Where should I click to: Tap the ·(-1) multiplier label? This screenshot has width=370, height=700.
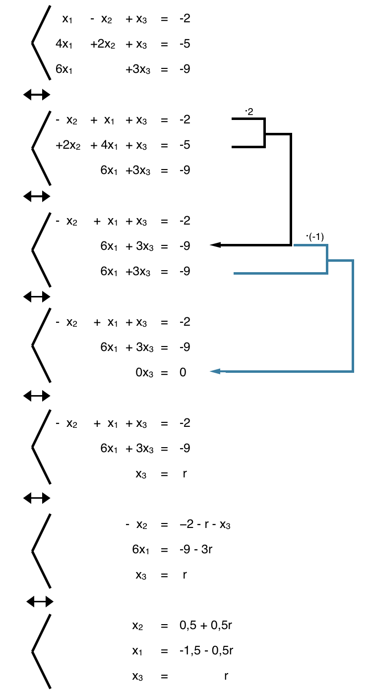click(315, 237)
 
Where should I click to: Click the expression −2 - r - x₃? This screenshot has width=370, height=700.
click(205, 525)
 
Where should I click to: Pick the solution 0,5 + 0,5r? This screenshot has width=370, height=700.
click(206, 625)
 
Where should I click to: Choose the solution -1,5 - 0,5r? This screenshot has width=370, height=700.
click(206, 650)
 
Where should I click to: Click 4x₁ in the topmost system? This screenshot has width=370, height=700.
click(64, 44)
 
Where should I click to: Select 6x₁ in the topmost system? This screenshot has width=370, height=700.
click(64, 69)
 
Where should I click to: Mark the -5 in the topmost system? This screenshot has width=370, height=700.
click(185, 44)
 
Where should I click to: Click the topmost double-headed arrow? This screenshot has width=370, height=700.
click(37, 94)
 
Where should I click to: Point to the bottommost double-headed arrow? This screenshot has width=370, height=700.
click(40, 602)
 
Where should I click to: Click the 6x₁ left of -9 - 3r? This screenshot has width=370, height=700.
click(140, 550)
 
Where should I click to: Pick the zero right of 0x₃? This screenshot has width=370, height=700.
click(183, 372)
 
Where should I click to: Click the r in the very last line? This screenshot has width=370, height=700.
click(226, 676)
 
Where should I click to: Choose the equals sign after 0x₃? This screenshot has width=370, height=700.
click(164, 372)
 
